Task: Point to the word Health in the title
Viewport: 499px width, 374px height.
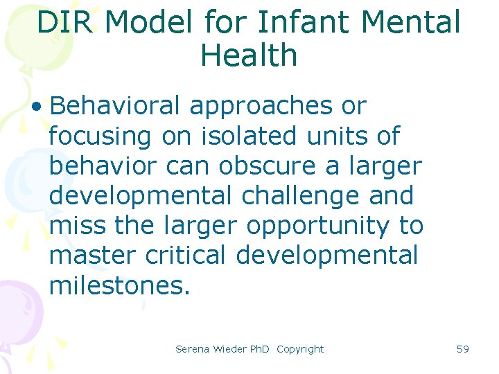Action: click(x=249, y=55)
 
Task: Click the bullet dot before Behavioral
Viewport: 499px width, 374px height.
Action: click(x=36, y=107)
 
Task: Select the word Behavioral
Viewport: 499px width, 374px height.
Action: click(x=114, y=106)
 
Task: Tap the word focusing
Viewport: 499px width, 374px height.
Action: click(x=100, y=136)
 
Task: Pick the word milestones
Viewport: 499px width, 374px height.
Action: click(x=119, y=285)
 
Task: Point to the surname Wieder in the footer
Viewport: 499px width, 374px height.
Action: click(x=229, y=349)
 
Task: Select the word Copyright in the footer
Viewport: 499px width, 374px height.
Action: click(x=300, y=349)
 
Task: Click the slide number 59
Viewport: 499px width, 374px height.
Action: click(x=463, y=349)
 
